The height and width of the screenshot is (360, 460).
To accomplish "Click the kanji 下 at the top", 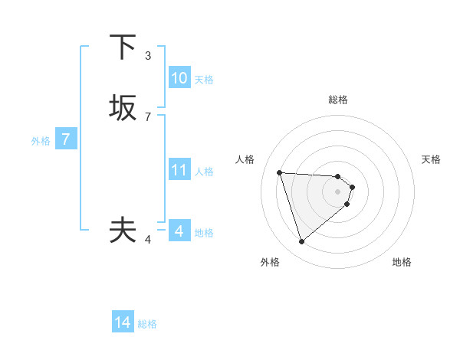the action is point(123,47).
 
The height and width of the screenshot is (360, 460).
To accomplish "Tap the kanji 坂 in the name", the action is point(123,107).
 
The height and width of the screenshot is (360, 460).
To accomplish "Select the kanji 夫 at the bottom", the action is point(123,230).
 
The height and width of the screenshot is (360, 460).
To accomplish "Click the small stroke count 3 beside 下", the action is point(148,56).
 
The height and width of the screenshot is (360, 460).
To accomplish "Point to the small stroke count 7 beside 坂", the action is point(148,117).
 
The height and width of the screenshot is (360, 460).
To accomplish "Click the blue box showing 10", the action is point(179,78).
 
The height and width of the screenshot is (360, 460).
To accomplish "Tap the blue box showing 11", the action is point(179,170).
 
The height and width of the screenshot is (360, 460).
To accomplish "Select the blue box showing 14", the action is point(123,323).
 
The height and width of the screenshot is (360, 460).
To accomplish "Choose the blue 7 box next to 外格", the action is point(66,139).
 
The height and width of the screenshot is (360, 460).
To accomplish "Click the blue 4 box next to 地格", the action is point(179,231).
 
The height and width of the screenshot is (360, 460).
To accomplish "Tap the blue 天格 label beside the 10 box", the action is point(204,80).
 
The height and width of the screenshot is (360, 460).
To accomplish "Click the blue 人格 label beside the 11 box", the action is point(204,172).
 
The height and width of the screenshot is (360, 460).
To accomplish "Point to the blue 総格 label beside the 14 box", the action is point(147,324).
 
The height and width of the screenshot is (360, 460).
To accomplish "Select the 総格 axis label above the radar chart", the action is point(338,100).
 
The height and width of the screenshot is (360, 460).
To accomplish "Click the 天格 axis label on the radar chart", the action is point(431,159).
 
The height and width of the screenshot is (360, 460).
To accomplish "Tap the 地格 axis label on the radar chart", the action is point(402,262).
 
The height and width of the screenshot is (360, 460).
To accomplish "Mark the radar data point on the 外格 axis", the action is point(301,242).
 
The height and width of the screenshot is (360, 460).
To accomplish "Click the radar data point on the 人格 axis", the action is point(280,172).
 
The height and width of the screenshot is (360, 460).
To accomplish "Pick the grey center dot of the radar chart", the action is point(338,191).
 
